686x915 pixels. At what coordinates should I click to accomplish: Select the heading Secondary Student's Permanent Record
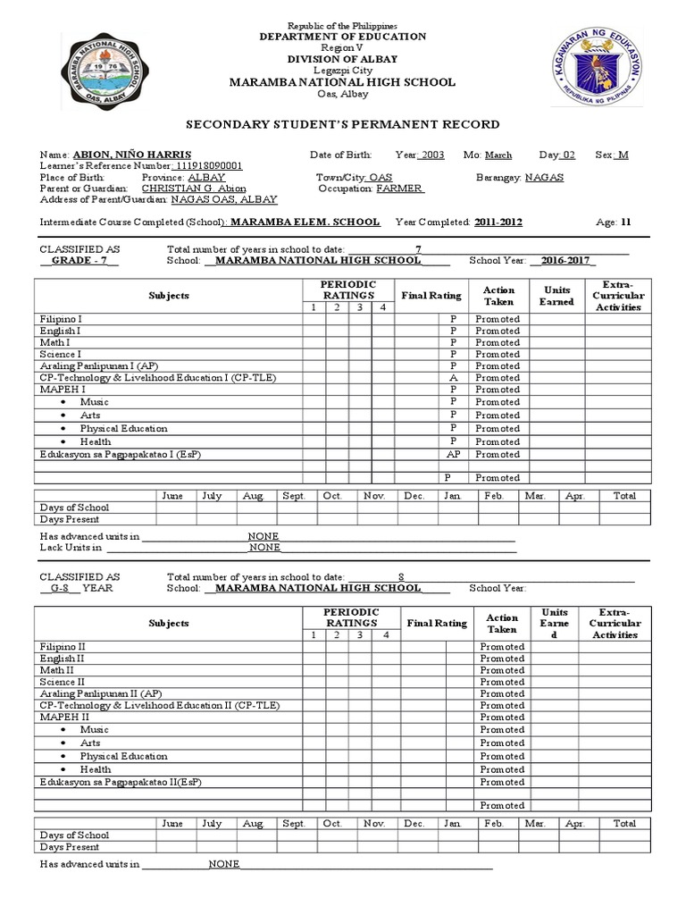pyautogui.click(x=342, y=124)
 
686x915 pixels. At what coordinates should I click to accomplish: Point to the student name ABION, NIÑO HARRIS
pyautogui.click(x=132, y=155)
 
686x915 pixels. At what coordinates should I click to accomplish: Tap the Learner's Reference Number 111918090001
pyautogui.click(x=206, y=166)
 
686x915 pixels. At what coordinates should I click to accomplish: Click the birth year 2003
pyautogui.click(x=432, y=155)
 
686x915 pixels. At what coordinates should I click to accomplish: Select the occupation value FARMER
pyautogui.click(x=399, y=189)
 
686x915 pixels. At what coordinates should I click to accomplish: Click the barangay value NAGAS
pyautogui.click(x=545, y=178)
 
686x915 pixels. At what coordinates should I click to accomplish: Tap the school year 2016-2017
pyautogui.click(x=563, y=261)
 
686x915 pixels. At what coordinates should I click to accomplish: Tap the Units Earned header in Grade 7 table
pyautogui.click(x=556, y=296)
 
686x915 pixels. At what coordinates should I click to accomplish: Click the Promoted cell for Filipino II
pyautogui.click(x=502, y=646)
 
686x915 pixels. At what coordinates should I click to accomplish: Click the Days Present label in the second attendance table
pyautogui.click(x=70, y=847)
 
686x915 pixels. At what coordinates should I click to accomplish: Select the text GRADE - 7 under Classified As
pyautogui.click(x=79, y=261)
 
